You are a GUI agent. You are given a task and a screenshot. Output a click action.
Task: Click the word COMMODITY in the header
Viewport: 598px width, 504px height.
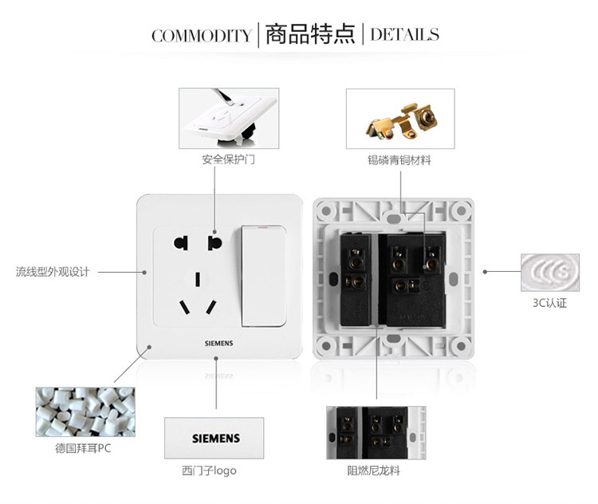tap(202, 36)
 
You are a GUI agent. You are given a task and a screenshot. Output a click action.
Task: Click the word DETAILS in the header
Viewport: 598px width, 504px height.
tap(404, 34)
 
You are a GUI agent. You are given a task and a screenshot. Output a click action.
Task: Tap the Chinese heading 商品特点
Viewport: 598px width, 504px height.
tap(310, 34)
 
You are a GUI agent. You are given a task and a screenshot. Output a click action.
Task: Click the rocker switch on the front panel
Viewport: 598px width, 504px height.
tap(264, 276)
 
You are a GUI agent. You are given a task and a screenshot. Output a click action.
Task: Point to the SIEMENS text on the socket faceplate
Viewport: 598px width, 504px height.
tap(219, 344)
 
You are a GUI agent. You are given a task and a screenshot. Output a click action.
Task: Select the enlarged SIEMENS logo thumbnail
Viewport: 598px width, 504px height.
tap(214, 438)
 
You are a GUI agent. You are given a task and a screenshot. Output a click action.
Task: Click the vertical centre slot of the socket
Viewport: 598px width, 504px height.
tap(198, 279)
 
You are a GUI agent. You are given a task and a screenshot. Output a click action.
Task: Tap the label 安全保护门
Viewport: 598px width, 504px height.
tap(229, 159)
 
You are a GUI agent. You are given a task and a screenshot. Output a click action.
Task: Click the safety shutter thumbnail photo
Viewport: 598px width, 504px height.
tap(229, 118)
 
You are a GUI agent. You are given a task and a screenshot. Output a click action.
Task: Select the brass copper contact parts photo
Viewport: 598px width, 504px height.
tap(400, 119)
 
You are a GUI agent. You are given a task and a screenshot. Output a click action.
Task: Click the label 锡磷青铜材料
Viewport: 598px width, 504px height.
tap(399, 160)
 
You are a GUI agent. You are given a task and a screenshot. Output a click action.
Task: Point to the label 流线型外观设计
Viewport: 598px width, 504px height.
tap(53, 272)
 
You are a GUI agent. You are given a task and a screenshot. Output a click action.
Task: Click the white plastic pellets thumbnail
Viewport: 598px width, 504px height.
tap(85, 412)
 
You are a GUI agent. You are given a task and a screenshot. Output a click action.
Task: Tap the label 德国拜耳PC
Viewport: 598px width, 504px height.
tap(83, 448)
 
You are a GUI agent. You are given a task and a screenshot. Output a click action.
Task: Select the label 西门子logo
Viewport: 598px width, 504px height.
tap(209, 471)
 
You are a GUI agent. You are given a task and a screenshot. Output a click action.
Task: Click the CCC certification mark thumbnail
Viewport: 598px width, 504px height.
tap(550, 273)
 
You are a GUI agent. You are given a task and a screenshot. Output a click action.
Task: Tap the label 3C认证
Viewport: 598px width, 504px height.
tap(549, 303)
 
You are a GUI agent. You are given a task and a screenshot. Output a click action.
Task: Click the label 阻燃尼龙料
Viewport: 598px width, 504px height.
tap(373, 471)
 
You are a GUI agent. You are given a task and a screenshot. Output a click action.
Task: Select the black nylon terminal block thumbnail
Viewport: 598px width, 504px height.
tap(376, 433)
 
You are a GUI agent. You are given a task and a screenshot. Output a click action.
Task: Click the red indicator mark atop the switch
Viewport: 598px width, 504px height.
tap(263, 227)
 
